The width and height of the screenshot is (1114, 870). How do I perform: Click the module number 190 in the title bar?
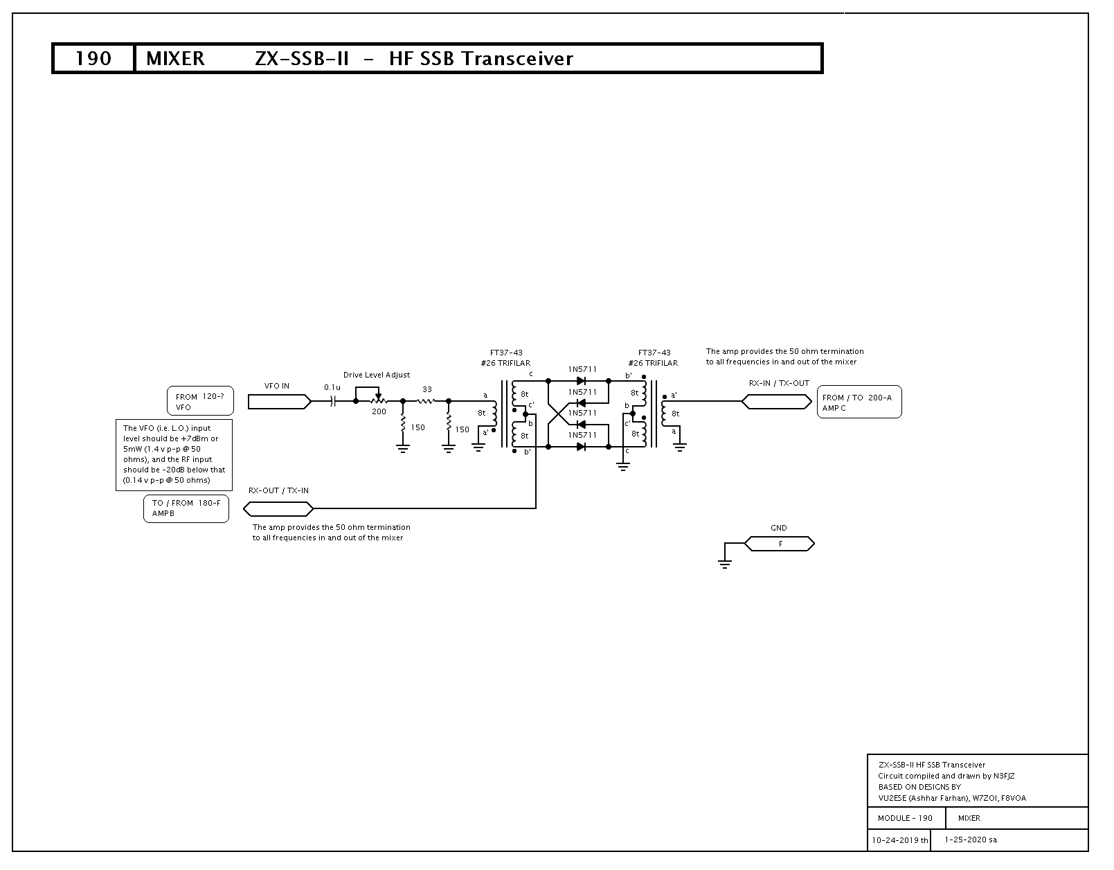[93, 58]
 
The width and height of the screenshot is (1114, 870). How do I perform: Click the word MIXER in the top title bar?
[175, 58]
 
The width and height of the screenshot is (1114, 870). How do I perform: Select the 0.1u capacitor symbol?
[333, 401]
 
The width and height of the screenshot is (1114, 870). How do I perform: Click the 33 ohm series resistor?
[426, 401]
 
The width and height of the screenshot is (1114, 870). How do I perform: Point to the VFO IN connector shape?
[280, 402]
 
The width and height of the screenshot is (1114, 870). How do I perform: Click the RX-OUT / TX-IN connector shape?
[278, 508]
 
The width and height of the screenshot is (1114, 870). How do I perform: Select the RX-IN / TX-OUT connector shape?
[777, 402]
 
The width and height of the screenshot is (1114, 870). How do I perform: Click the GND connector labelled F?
[779, 544]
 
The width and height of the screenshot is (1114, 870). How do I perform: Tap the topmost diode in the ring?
[581, 381]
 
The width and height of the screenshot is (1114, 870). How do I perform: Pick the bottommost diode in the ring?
[581, 447]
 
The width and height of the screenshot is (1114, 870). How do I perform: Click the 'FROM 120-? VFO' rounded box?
[200, 401]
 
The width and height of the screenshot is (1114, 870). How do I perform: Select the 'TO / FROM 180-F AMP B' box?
[186, 508]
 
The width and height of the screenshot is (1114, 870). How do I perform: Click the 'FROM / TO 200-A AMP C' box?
[859, 402]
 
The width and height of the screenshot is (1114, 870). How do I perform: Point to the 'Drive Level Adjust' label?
[376, 375]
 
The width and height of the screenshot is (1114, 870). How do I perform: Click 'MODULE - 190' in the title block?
[905, 818]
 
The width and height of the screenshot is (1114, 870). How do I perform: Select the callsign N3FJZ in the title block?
[1004, 776]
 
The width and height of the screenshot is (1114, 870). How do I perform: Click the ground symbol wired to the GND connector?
[724, 564]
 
